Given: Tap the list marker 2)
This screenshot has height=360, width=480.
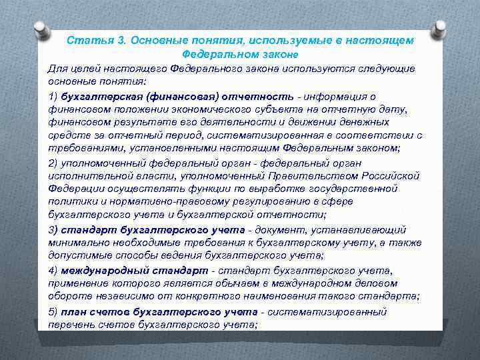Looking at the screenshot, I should tap(53, 163).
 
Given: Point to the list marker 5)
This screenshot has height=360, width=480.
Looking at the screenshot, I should tap(53, 311).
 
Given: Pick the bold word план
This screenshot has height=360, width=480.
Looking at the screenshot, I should tap(73, 311).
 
